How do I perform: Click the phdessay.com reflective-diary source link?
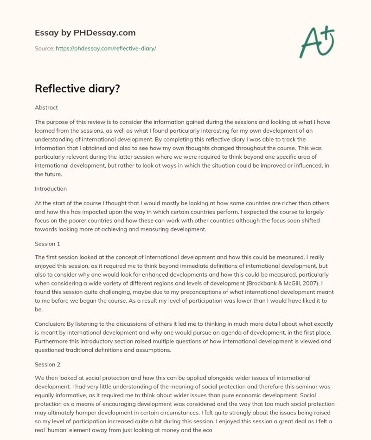tap(106, 48)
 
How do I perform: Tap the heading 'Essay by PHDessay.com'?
tap(85, 33)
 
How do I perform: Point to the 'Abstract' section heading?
tap(46, 107)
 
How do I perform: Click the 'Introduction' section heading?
tap(51, 189)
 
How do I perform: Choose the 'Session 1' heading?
tap(48, 243)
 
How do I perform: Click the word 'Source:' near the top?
tap(44, 48)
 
